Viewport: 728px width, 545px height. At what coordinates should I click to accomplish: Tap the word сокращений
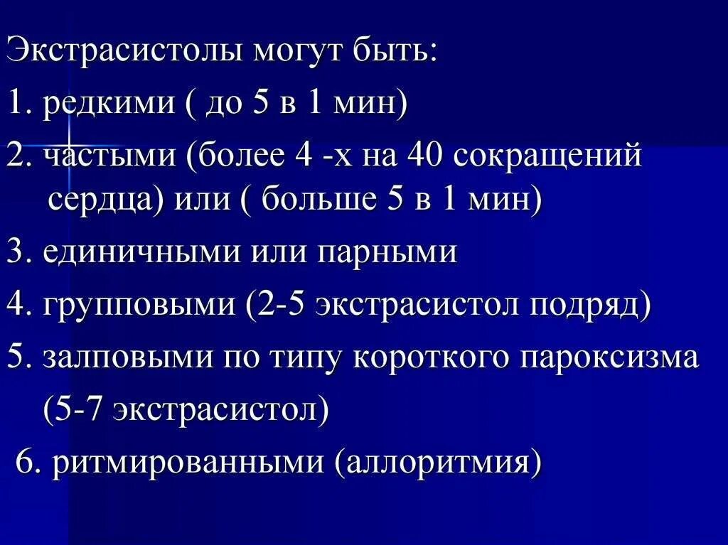(547, 157)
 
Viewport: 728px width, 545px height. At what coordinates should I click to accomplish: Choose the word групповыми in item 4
(139, 306)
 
